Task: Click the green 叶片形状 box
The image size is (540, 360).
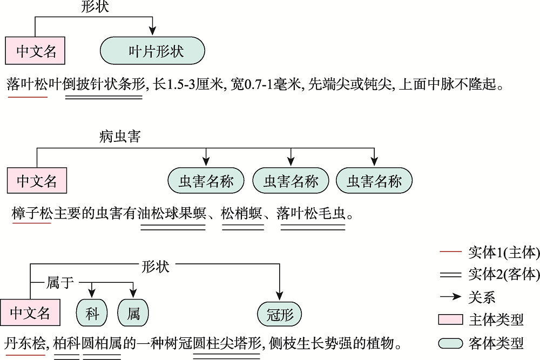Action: click(x=152, y=51)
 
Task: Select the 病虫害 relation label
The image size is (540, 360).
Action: click(x=120, y=137)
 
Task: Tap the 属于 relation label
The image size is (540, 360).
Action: click(x=60, y=283)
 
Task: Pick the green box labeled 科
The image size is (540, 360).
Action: click(x=92, y=313)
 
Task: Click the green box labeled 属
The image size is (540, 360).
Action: click(x=133, y=313)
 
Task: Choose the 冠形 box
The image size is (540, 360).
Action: click(x=279, y=314)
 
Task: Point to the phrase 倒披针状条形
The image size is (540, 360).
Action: click(x=104, y=85)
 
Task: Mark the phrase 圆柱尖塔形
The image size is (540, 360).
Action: click(x=227, y=343)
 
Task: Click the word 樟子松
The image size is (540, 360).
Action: click(x=32, y=214)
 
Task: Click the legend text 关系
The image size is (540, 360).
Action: click(x=482, y=297)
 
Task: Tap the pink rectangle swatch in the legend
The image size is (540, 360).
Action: click(x=450, y=320)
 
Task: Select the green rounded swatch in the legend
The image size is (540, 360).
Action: click(x=450, y=343)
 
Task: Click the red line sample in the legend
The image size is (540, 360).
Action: click(x=450, y=252)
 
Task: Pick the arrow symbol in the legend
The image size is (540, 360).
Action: click(x=450, y=297)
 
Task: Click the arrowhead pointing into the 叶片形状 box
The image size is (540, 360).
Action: click(x=153, y=31)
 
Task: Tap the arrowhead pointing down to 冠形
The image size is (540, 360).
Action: click(x=280, y=296)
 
